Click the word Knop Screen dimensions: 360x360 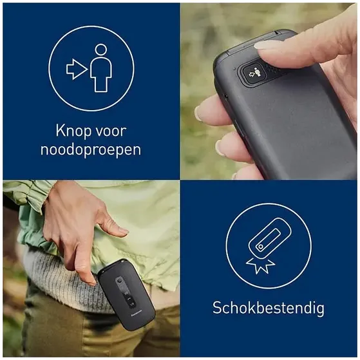point(73,131)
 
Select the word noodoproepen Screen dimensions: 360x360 point(91,151)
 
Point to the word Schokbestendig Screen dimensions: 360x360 point(269,308)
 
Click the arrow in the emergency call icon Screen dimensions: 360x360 point(77,69)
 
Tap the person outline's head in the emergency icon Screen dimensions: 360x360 point(101,50)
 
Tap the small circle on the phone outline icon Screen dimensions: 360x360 point(261,247)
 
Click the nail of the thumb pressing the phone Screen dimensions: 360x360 point(267,46)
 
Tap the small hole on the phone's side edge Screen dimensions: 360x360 point(226,96)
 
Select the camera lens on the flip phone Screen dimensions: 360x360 point(119,281)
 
